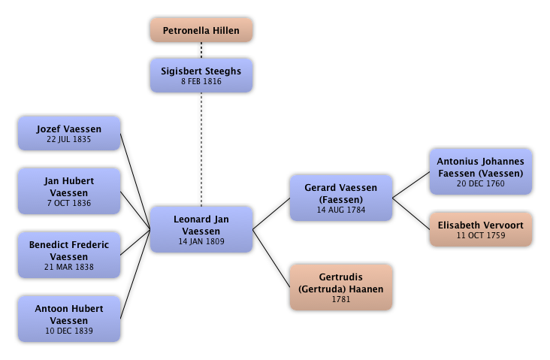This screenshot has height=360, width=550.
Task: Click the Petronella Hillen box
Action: tap(201, 31)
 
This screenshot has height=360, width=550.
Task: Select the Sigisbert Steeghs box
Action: tap(201, 76)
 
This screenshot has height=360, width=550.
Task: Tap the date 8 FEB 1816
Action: tap(201, 82)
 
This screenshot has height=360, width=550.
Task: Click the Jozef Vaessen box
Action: tap(68, 135)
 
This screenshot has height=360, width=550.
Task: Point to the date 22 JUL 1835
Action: tap(68, 140)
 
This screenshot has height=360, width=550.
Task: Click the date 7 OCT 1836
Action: tap(68, 203)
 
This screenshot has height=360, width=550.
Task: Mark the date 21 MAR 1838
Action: tap(68, 267)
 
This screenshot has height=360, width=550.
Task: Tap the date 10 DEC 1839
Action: tap(68, 331)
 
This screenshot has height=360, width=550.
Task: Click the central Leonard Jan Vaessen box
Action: tap(201, 230)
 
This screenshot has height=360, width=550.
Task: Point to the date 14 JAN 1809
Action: tap(201, 242)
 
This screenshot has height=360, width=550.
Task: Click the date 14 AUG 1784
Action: tap(341, 210)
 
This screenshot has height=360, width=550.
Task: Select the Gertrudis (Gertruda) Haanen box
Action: tap(341, 288)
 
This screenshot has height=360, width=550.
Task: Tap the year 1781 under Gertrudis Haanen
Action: tap(341, 300)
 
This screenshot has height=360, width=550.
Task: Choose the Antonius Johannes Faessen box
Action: tap(480, 172)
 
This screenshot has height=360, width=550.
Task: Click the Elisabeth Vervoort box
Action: tap(480, 229)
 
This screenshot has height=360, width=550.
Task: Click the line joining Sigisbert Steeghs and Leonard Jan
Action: tap(201, 150)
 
